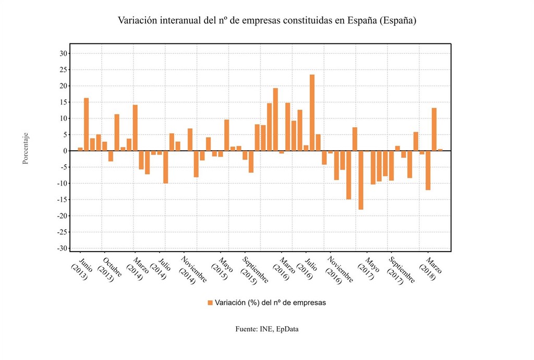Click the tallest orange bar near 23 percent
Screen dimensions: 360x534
tap(312, 112)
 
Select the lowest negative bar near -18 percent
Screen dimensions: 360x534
tap(361, 180)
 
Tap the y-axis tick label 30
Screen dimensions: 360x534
tap(63, 53)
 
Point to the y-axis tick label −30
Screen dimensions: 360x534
tap(62, 248)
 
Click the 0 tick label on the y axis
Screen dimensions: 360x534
tap(65, 151)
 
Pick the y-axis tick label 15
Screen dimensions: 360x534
tap(63, 102)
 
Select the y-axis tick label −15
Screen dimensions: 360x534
tap(62, 200)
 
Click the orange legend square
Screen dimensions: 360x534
tap(210, 303)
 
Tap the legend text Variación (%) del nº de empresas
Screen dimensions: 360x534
tap(270, 303)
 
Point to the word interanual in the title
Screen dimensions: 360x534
tap(176, 21)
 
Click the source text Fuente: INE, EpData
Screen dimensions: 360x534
tap(267, 329)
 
